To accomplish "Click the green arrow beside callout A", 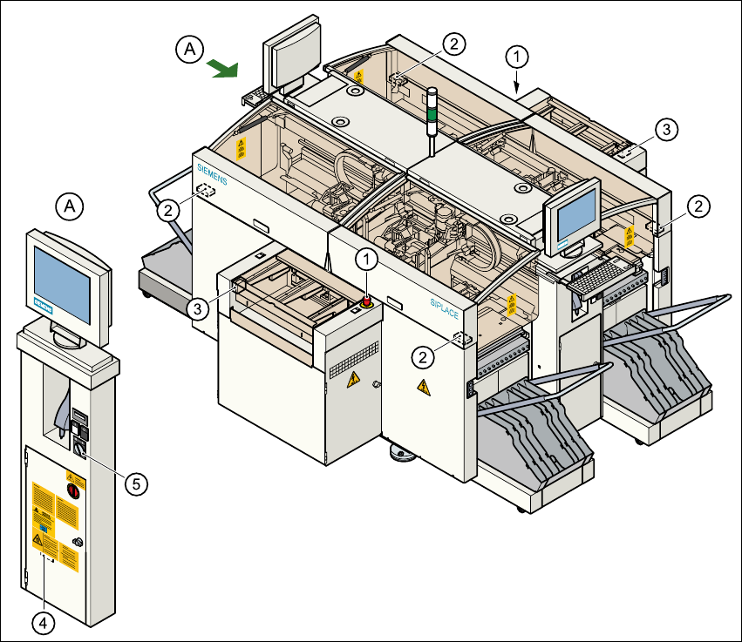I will pyautogui.click(x=223, y=69).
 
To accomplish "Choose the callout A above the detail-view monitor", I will pyautogui.click(x=70, y=206).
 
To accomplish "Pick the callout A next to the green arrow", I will pyautogui.click(x=189, y=51).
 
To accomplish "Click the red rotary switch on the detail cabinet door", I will pyautogui.click(x=73, y=493).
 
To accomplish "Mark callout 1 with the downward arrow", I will pyautogui.click(x=517, y=57).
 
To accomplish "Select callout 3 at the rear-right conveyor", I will pyautogui.click(x=664, y=130).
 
